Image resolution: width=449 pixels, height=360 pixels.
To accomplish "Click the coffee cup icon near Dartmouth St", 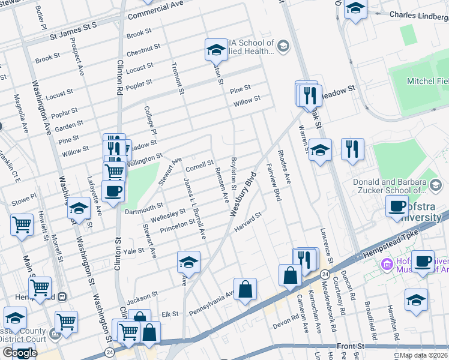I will [x=112, y=191].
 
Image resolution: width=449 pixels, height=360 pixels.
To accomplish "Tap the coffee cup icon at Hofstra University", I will [x=396, y=206].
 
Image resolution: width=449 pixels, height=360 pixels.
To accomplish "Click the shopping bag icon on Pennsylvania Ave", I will [x=245, y=290].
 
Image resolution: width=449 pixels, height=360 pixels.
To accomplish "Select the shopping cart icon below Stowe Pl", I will [x=22, y=225].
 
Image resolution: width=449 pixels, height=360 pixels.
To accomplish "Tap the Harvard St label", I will [x=249, y=223].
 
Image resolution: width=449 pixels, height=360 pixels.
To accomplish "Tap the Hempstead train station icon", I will [x=61, y=297].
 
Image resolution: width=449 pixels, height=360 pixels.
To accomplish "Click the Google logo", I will [x=19, y=353].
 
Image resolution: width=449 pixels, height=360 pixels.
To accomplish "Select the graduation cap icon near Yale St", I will [x=188, y=262].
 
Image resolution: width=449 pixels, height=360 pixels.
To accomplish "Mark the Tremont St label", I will [x=178, y=78].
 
